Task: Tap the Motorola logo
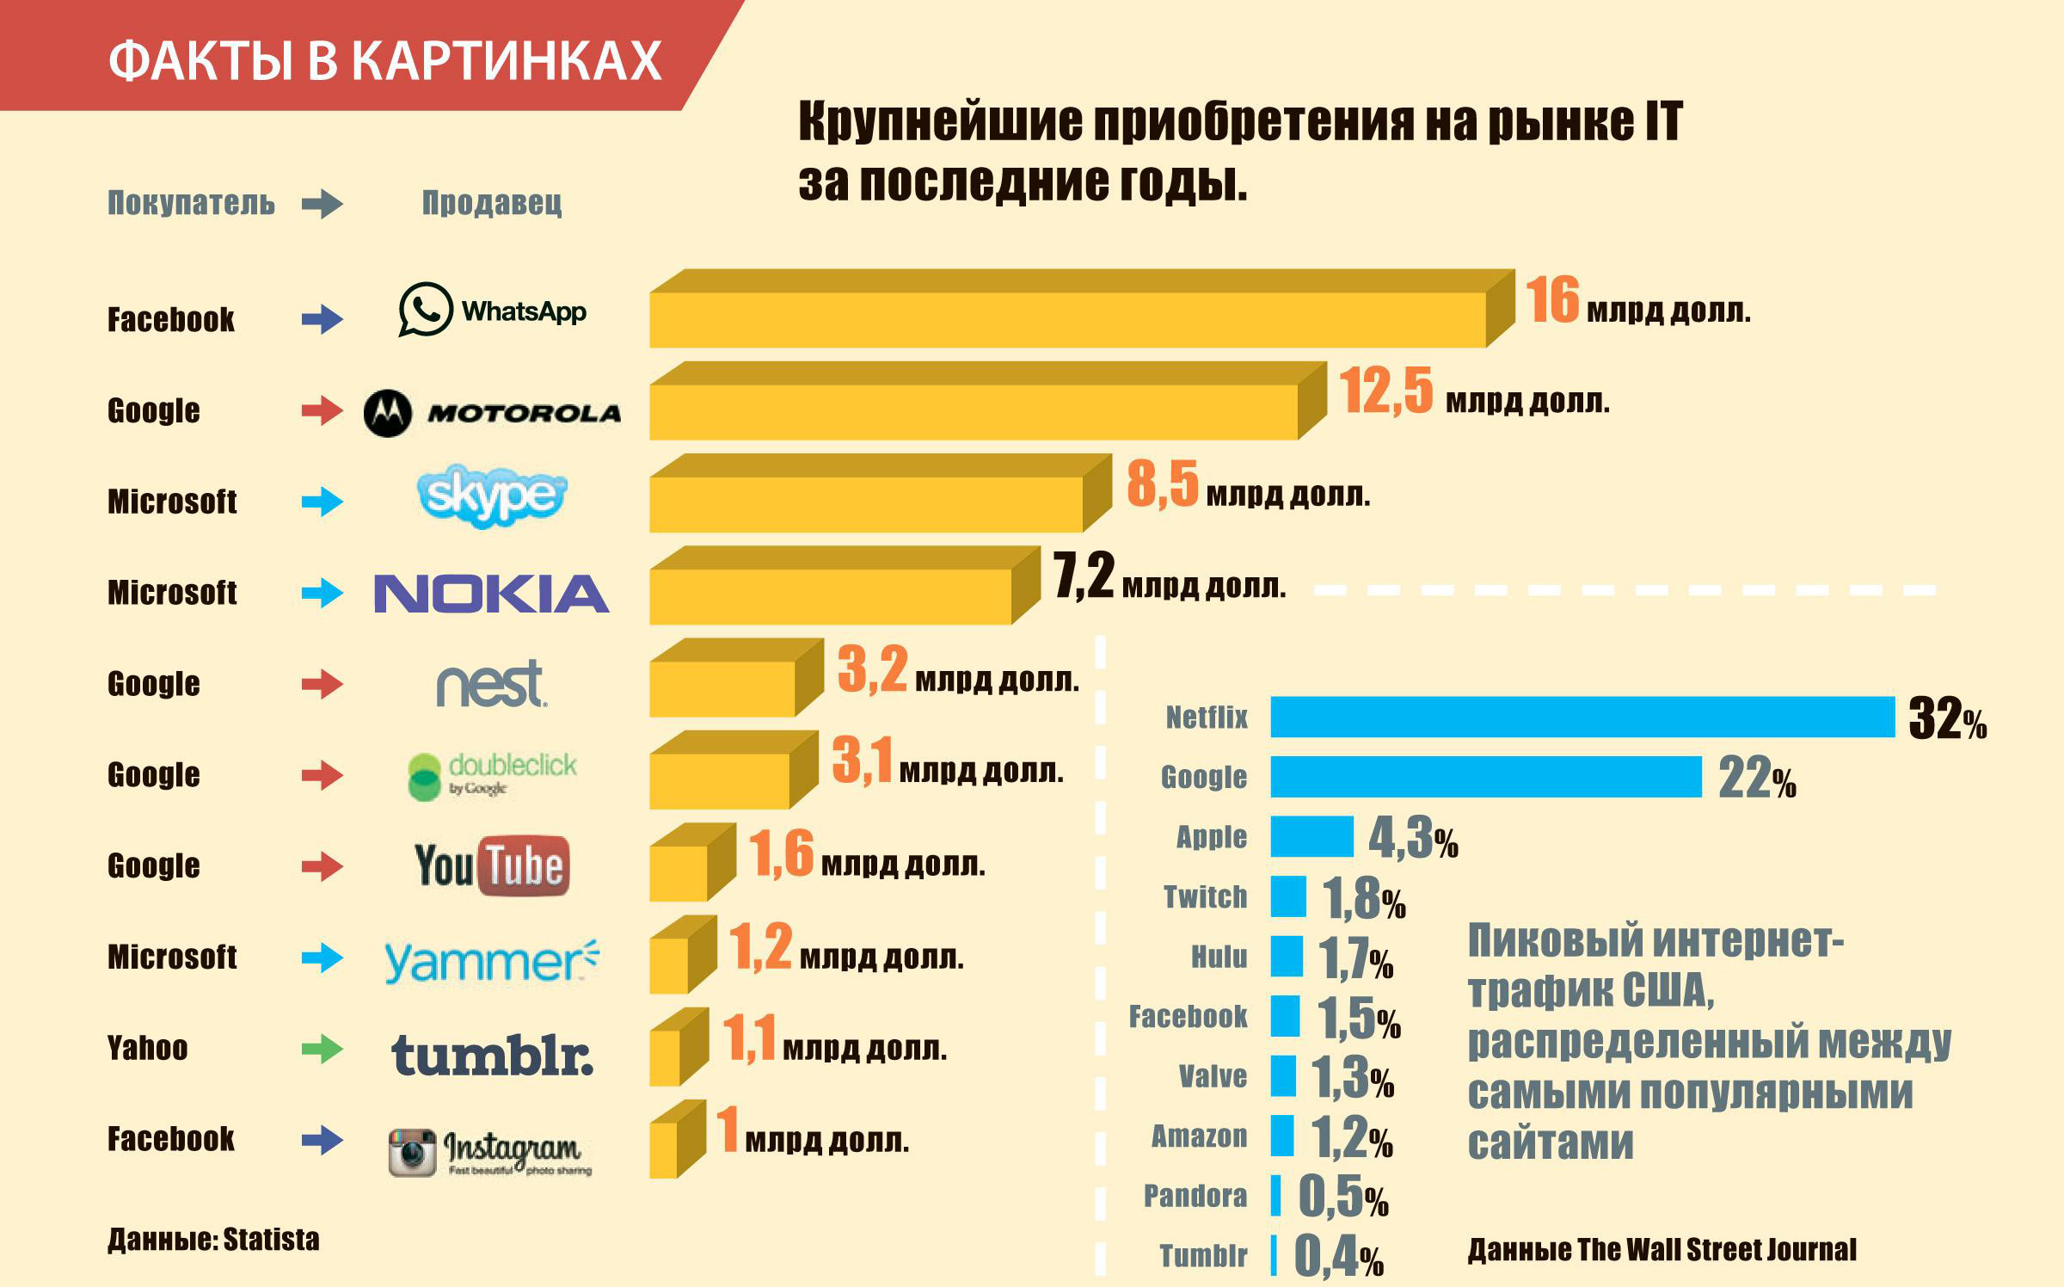point(492,413)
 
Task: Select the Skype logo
point(492,496)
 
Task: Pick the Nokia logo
point(492,594)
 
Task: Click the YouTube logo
point(492,865)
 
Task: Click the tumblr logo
point(492,1055)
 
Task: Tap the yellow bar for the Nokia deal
point(830,595)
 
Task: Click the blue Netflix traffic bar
point(1582,717)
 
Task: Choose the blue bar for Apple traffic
point(1311,836)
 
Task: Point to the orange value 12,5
point(1385,391)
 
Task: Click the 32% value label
point(1947,718)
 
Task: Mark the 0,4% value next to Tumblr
point(1338,1256)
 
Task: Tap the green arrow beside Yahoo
point(322,1049)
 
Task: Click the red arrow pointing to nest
point(322,685)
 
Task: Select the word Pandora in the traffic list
point(1195,1196)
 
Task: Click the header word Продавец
point(492,203)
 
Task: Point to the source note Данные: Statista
point(213,1240)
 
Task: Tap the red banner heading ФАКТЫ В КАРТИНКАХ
point(385,60)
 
